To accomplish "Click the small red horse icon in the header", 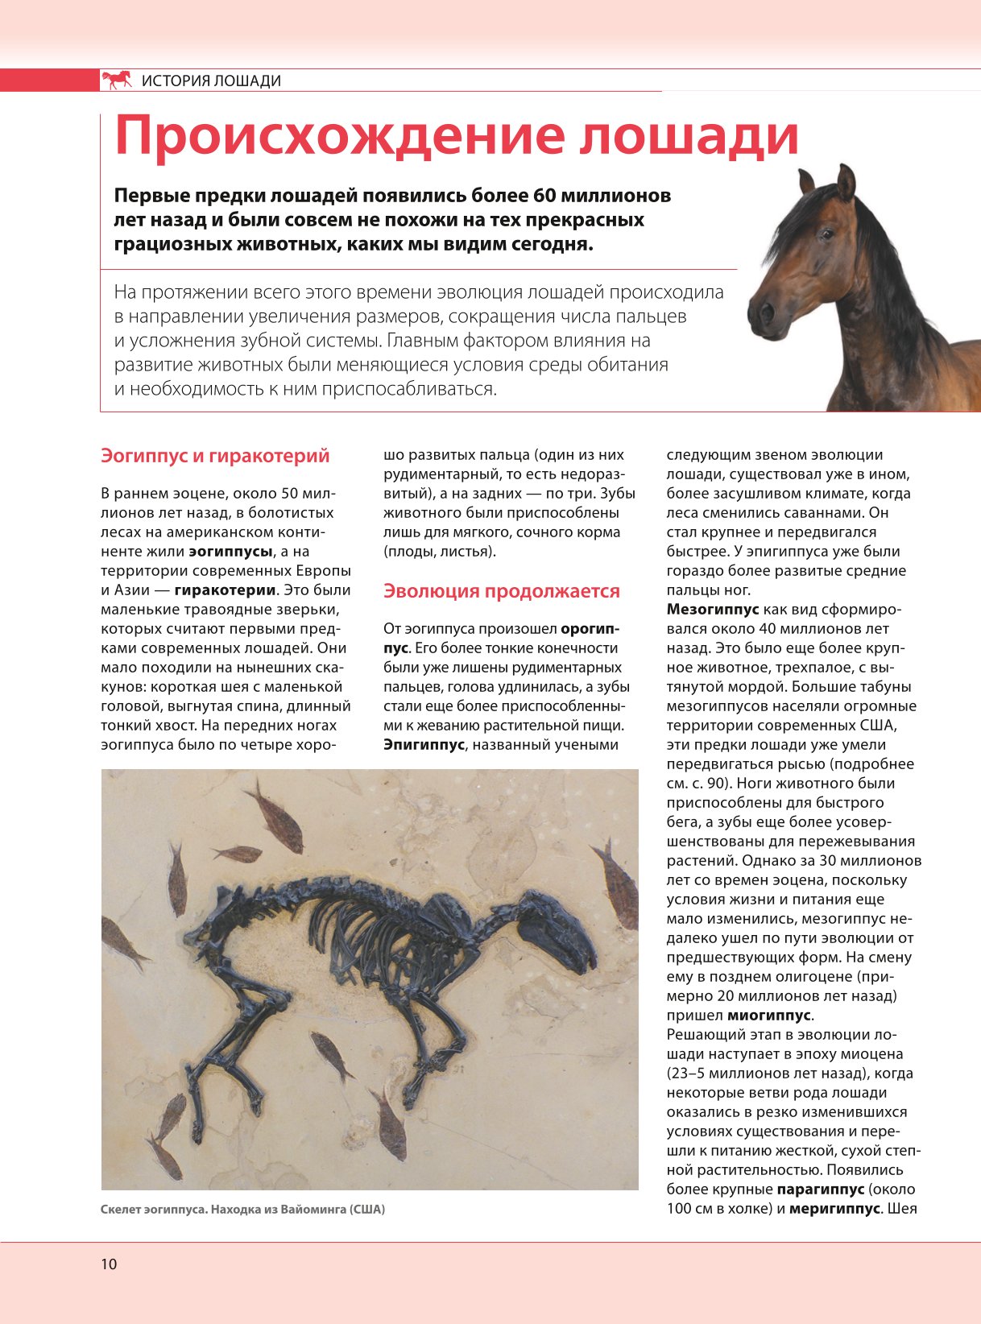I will pyautogui.click(x=117, y=80).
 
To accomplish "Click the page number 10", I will pyautogui.click(x=109, y=1264).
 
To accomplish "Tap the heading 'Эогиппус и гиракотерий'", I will pyautogui.click(x=215, y=456).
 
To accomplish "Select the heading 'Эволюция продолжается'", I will pyautogui.click(x=501, y=591).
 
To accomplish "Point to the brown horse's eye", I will pyautogui.click(x=827, y=234).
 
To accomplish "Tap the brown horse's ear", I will pyautogui.click(x=846, y=183).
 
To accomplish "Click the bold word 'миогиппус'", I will pyautogui.click(x=770, y=1016).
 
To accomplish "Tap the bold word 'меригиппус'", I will pyautogui.click(x=834, y=1209).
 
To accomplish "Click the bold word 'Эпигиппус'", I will pyautogui.click(x=424, y=745).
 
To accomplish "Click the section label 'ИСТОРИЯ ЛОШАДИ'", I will pyautogui.click(x=211, y=81).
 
